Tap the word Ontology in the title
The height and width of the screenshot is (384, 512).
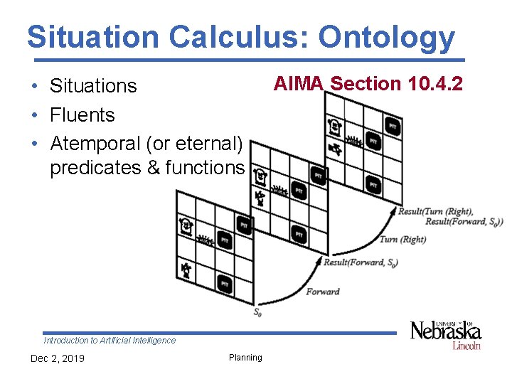coord(387,37)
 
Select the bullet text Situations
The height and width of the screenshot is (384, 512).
coord(93,86)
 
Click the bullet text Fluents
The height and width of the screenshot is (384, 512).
coord(82,114)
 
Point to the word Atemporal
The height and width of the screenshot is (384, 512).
coord(95,143)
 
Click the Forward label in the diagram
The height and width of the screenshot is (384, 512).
coord(322,292)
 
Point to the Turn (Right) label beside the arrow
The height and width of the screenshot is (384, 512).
coord(402,240)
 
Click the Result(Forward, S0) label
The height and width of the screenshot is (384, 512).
coord(361,262)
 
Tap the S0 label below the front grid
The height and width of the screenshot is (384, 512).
coord(257,311)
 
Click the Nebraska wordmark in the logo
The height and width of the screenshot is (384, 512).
coord(445,331)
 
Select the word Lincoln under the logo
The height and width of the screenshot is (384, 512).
coord(466,346)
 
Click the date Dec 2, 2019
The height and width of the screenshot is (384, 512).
coord(57,358)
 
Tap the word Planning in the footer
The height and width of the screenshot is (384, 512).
coord(245,358)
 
